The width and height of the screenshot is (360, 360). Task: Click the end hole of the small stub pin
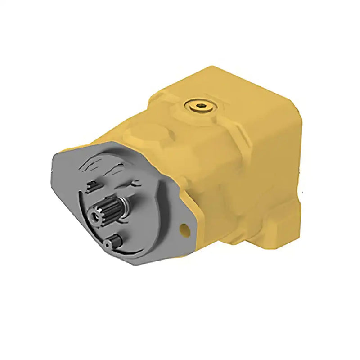click(x=107, y=244)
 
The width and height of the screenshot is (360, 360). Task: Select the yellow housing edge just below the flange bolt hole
click(x=191, y=243)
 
